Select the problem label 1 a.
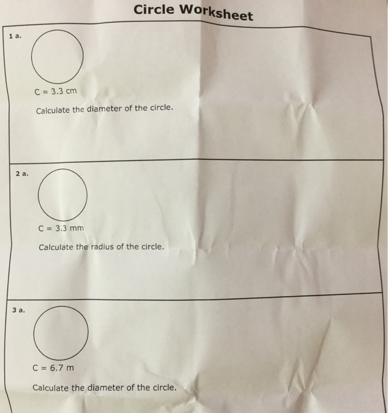(15, 35)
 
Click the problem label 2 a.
(22, 173)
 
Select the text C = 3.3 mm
(61, 228)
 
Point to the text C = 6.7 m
(53, 368)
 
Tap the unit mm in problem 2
(77, 228)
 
